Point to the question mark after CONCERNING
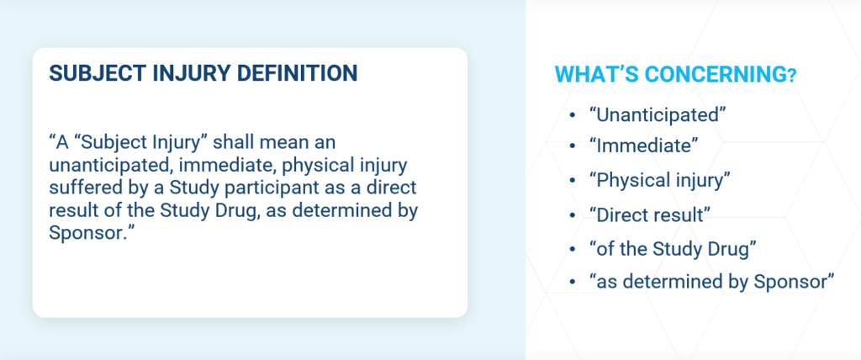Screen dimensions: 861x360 pyautogui.click(x=791, y=77)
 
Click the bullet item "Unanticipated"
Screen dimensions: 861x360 pyautogui.click(x=658, y=115)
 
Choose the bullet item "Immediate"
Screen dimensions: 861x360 pyautogui.click(x=643, y=146)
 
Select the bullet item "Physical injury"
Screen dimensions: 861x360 pyautogui.click(x=659, y=181)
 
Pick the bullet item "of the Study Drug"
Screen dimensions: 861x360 pyautogui.click(x=673, y=249)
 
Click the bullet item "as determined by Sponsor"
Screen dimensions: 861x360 pyautogui.click(x=711, y=282)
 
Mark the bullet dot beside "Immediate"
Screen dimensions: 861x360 pyautogui.click(x=572, y=146)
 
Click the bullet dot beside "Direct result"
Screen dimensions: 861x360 pyautogui.click(x=572, y=215)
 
